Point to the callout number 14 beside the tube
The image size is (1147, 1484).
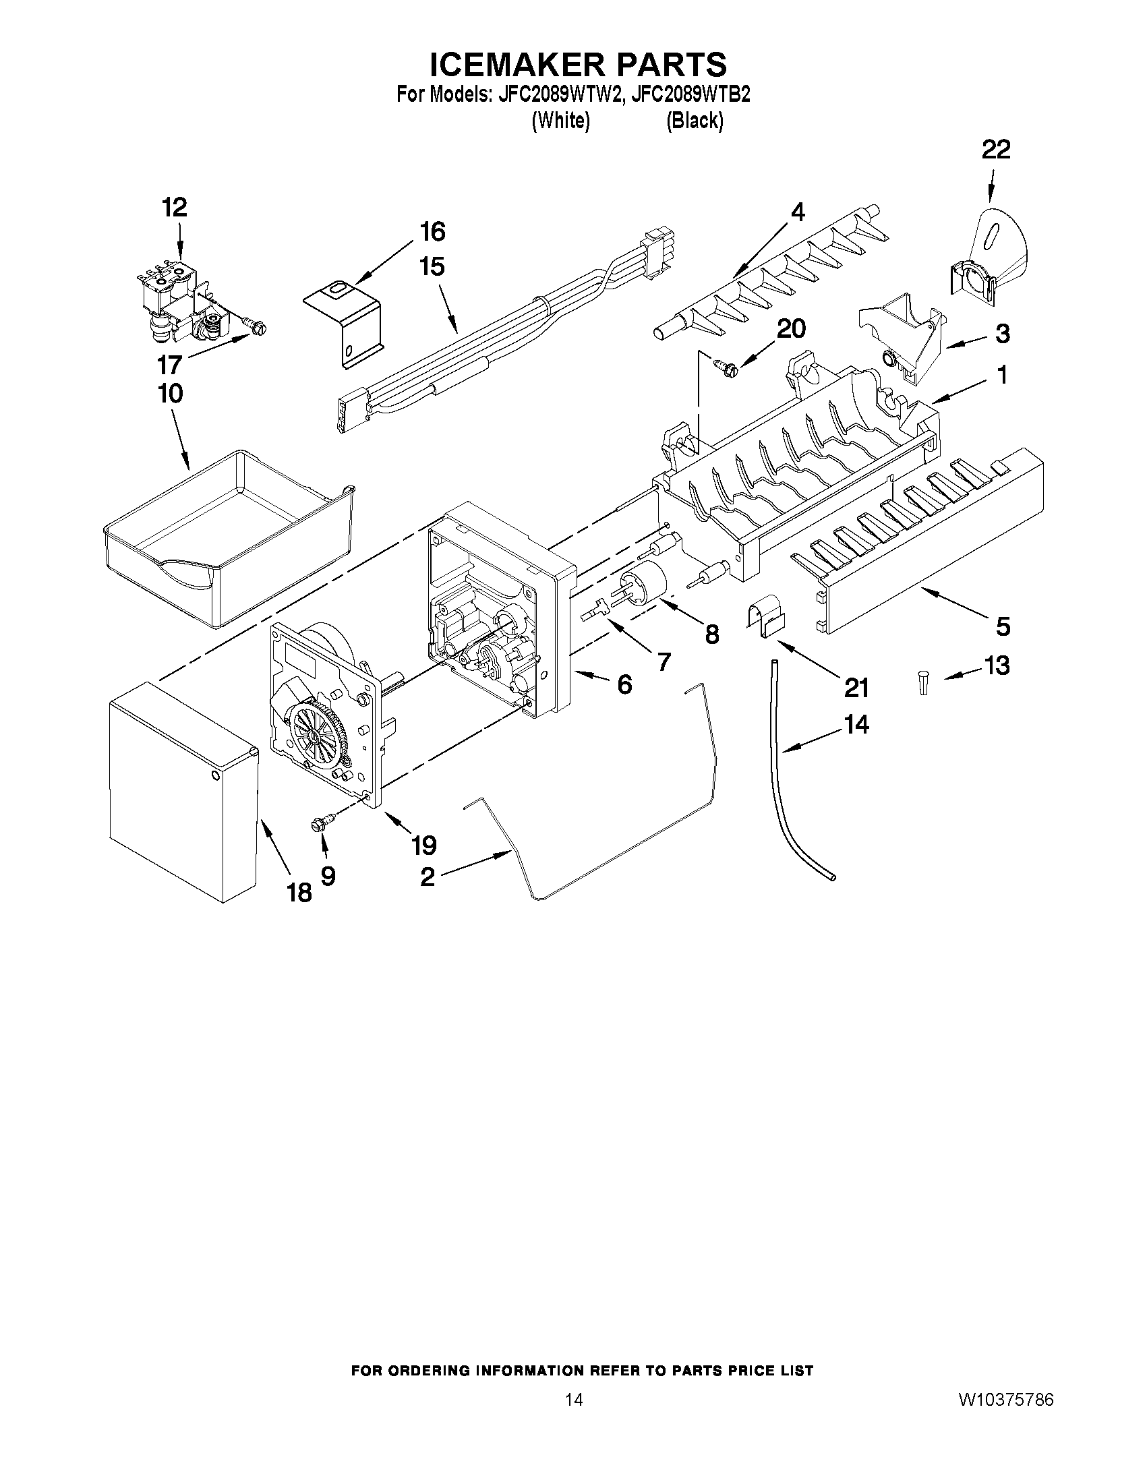click(x=856, y=725)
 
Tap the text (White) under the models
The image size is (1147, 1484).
click(x=560, y=121)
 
